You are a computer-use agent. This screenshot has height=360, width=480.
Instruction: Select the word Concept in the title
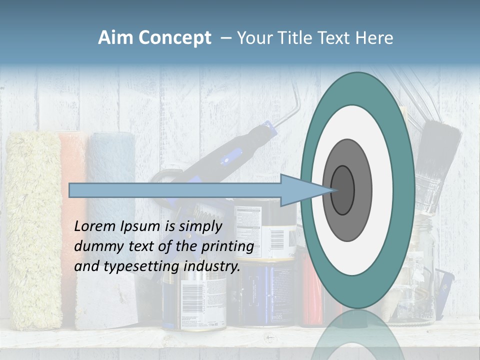click(x=174, y=38)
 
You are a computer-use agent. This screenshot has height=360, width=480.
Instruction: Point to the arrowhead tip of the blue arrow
click(x=331, y=190)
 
